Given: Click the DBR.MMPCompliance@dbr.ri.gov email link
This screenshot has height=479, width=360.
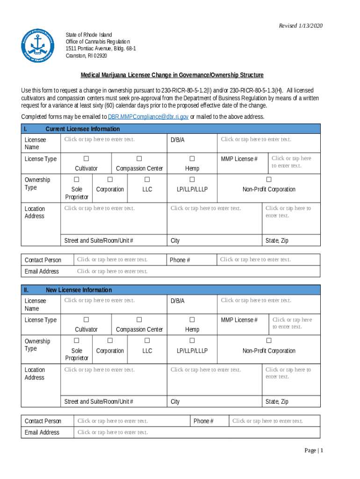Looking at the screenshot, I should click(x=148, y=117).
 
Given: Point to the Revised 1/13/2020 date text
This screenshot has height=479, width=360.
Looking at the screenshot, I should click(x=301, y=26).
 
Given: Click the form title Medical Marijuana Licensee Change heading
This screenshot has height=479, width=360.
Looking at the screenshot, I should click(x=172, y=75).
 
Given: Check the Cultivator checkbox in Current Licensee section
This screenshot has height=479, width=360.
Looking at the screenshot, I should click(x=86, y=159).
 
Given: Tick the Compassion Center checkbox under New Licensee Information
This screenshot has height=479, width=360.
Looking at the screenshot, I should click(x=139, y=320).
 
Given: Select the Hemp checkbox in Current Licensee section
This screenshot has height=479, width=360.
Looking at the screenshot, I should click(x=192, y=159).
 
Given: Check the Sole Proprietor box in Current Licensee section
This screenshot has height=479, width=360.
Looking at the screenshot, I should click(x=77, y=180).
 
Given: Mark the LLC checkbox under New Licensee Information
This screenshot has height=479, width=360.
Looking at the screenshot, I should click(x=147, y=341).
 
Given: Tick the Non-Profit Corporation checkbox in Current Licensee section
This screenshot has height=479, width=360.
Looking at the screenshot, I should click(x=269, y=180).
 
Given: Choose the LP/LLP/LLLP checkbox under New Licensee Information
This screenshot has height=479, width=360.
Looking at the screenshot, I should click(x=192, y=341).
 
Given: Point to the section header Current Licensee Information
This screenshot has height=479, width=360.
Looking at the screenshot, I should click(x=83, y=129).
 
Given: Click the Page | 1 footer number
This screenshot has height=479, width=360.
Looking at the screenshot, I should click(x=314, y=450).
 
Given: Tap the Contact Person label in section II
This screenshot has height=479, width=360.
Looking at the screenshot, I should click(x=43, y=421).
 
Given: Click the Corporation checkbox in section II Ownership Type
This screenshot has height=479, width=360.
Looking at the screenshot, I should click(x=110, y=341).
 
